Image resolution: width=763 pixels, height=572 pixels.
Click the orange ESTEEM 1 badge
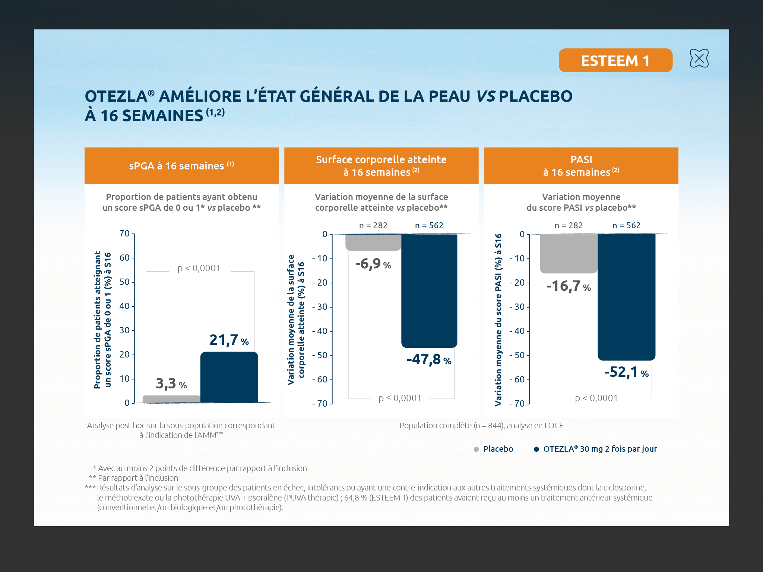click(615, 60)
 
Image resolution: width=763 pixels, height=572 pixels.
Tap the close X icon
click(699, 58)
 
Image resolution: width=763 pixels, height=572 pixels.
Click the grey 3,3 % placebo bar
click(171, 399)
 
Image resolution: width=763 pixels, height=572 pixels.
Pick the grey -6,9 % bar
click(373, 242)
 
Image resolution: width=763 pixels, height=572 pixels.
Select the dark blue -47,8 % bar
click(429, 290)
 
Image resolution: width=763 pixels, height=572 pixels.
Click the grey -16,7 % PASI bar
click(569, 253)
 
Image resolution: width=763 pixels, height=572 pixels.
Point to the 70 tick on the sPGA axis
click(124, 234)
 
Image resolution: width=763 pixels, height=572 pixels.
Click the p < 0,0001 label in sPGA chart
click(199, 268)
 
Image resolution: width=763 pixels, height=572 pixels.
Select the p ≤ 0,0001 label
click(400, 398)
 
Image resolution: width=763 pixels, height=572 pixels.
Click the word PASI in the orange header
click(581, 160)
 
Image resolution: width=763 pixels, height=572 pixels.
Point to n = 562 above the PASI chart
click(626, 226)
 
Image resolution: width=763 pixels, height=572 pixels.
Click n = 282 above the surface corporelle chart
click(373, 226)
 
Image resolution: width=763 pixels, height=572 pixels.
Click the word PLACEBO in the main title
click(535, 96)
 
